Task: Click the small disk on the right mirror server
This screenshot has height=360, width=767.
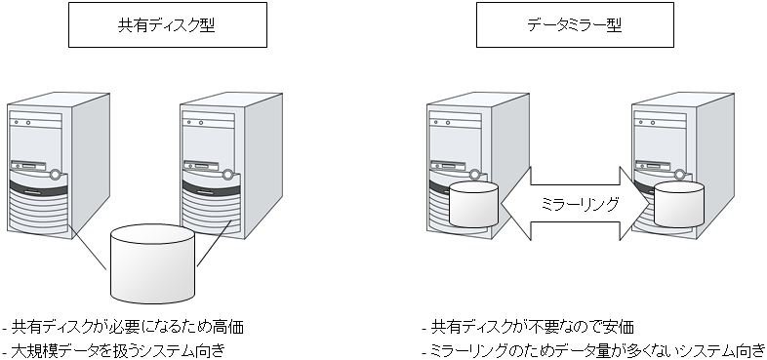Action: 680,202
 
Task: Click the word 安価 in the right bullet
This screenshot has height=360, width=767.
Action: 626,327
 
